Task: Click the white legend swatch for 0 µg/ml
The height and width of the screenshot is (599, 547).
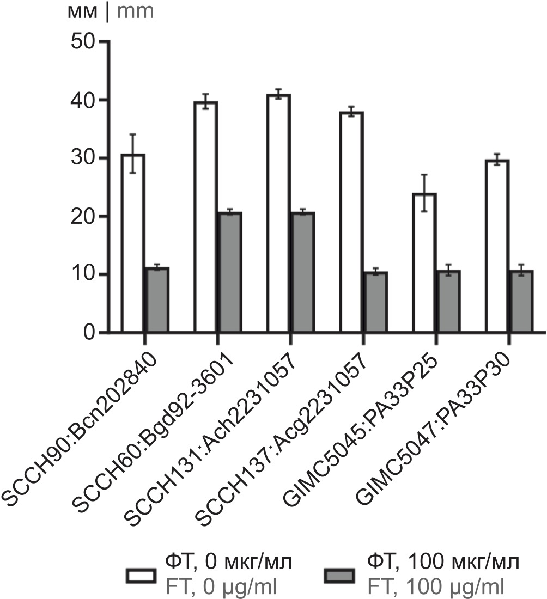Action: (x=142, y=576)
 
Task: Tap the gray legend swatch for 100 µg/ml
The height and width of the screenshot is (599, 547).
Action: (x=339, y=576)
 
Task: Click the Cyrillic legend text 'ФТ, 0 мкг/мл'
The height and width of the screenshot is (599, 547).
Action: (x=229, y=563)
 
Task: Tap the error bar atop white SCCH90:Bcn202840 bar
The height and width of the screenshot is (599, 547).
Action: (x=133, y=153)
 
